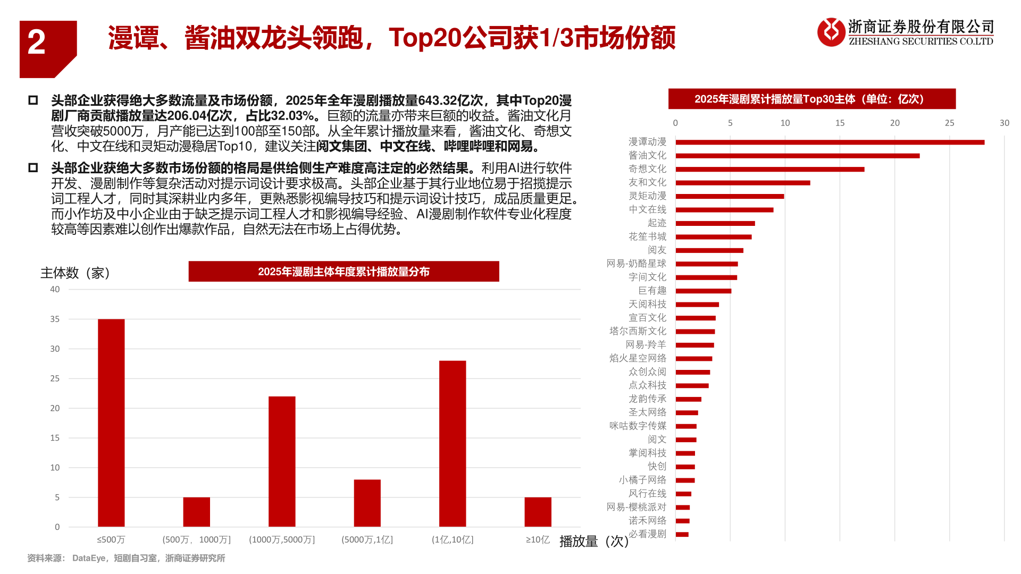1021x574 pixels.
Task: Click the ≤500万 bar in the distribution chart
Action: (x=111, y=423)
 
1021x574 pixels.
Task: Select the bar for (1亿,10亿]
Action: (x=453, y=443)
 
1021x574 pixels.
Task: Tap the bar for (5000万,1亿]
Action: (x=367, y=503)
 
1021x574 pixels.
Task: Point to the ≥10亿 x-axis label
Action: (x=538, y=539)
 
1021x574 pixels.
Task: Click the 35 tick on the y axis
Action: (x=55, y=319)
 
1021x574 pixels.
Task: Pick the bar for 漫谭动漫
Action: (x=830, y=142)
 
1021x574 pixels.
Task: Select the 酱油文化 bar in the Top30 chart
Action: (x=797, y=156)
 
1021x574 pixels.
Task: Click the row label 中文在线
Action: (x=647, y=209)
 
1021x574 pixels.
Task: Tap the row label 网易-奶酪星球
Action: (x=636, y=264)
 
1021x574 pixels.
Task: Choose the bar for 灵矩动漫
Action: (x=730, y=196)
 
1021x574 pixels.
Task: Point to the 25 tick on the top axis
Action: (x=949, y=123)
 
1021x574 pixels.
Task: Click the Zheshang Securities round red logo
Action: (x=831, y=32)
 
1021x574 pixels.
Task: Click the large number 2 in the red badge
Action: (x=36, y=43)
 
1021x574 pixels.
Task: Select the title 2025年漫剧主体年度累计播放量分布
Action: (x=344, y=272)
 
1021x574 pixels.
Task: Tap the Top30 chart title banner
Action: (x=811, y=99)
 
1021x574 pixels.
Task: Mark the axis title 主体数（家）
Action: (x=76, y=273)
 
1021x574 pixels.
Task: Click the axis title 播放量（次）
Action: (x=593, y=541)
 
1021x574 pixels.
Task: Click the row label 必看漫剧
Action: (x=647, y=534)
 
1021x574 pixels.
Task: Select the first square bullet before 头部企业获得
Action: (x=33, y=100)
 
